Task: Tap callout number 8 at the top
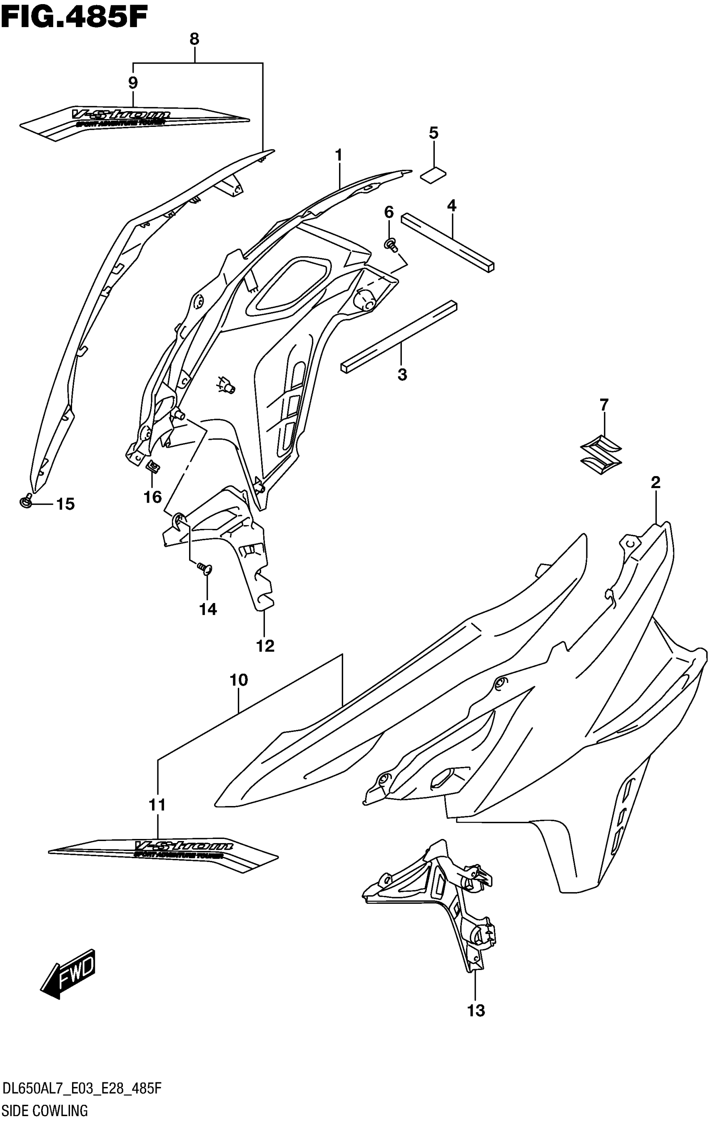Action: click(x=194, y=40)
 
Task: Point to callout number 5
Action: click(x=434, y=133)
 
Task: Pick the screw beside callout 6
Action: click(x=390, y=244)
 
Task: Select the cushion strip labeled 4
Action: click(x=447, y=243)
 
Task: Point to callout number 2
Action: click(x=655, y=483)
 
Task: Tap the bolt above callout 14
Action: click(x=204, y=568)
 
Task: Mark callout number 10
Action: click(x=238, y=680)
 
